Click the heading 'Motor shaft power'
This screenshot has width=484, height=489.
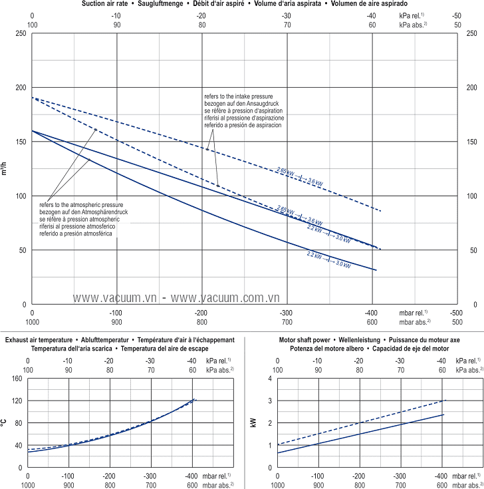coord(303,340)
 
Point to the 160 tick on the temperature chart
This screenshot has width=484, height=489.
coord(17,379)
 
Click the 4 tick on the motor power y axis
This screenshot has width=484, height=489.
coord(271,379)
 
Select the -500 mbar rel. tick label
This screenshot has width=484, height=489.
coord(455,313)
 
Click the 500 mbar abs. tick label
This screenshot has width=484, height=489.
coord(455,322)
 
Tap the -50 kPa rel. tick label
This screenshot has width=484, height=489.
coord(456,15)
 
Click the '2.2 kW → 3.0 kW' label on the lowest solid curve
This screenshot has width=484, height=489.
coord(328,260)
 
